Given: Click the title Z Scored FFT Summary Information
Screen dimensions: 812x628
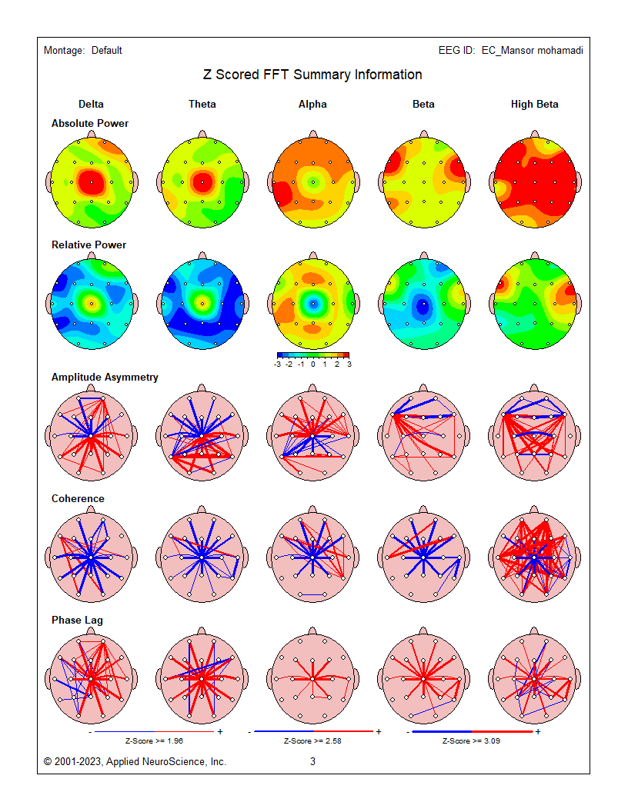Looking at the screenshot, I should pyautogui.click(x=312, y=75).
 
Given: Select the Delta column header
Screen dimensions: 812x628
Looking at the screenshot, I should pyautogui.click(x=91, y=105).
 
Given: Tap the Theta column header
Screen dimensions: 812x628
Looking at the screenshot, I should pyautogui.click(x=202, y=105).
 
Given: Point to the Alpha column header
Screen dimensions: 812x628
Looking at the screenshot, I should pyautogui.click(x=312, y=105).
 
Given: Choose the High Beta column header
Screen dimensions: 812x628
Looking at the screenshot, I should pyautogui.click(x=535, y=105).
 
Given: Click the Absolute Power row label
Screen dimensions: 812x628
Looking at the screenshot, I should pyautogui.click(x=90, y=124).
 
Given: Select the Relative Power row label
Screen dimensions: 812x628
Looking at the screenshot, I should pyautogui.click(x=89, y=245).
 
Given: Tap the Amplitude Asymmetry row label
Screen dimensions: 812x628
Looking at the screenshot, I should pyautogui.click(x=105, y=378).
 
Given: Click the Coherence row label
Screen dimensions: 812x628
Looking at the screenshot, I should pyautogui.click(x=78, y=499).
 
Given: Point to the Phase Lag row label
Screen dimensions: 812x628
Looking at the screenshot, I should pyautogui.click(x=77, y=621).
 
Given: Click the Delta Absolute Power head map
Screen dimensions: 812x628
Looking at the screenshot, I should pyautogui.click(x=91, y=183).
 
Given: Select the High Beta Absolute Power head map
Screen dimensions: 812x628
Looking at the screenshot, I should pyautogui.click(x=535, y=183).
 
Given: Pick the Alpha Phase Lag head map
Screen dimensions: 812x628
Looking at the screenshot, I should pyautogui.click(x=312, y=679).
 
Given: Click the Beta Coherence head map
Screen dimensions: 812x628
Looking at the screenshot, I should pyautogui.click(x=423, y=557).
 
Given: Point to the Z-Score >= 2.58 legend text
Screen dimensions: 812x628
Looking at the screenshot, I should pyautogui.click(x=312, y=741).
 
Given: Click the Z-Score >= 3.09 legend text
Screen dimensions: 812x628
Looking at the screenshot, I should pyautogui.click(x=471, y=741).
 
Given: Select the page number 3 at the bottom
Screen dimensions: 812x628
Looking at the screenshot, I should pyautogui.click(x=312, y=762).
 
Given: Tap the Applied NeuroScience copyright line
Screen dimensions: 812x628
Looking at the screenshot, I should pyautogui.click(x=135, y=762).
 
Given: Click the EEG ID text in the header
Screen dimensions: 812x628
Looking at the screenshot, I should pyautogui.click(x=510, y=51).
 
